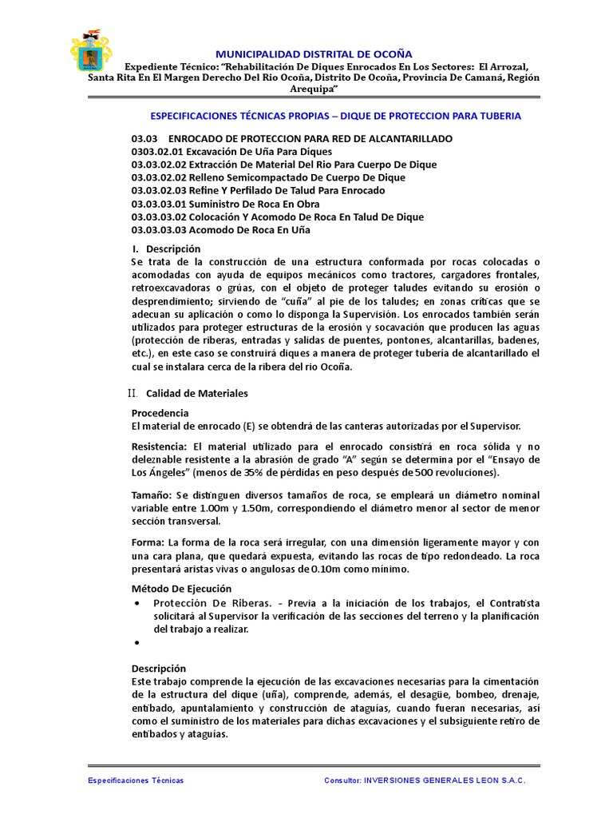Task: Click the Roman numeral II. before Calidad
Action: point(133,393)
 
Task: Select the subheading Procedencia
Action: point(160,413)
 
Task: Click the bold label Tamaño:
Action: point(150,495)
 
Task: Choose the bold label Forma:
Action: point(147,542)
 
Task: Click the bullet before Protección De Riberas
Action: point(140,603)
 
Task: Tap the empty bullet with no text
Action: point(140,642)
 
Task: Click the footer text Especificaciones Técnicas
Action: point(135,780)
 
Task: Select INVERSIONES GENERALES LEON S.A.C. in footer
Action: point(445,780)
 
